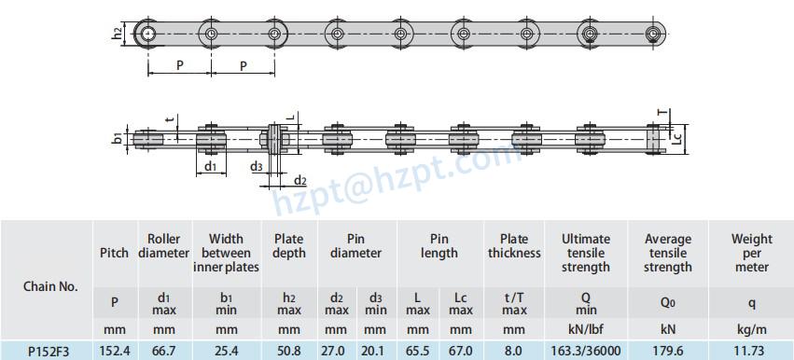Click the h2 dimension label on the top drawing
coord(118,34)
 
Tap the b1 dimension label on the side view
coord(117,138)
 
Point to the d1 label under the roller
coord(210,166)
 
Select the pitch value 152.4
coord(115,351)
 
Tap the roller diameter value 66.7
coord(164,351)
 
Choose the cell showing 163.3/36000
coord(586,351)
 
